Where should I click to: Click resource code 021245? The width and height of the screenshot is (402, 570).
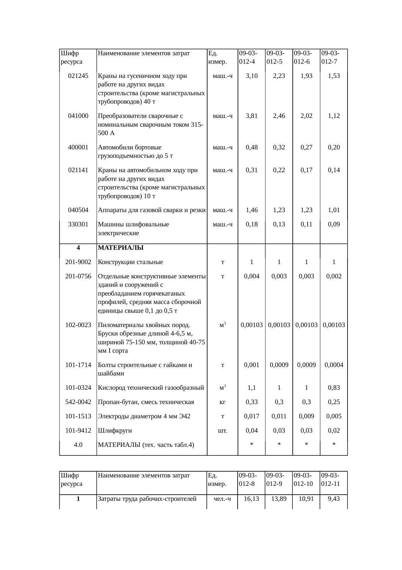78,76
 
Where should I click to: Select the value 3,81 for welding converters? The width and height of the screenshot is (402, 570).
252,116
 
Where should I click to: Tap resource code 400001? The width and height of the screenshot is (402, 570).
78,147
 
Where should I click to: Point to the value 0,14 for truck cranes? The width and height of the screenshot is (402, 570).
334,170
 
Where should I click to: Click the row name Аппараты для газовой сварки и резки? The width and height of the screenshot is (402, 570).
152,210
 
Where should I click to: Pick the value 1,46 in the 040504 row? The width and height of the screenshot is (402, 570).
252,210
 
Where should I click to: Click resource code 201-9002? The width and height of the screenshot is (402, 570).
78,262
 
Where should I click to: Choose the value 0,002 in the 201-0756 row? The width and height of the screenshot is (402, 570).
334,276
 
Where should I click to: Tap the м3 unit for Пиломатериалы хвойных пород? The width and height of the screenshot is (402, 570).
222,325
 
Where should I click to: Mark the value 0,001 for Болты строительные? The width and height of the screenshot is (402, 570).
252,365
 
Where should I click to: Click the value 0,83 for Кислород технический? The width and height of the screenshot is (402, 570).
334,388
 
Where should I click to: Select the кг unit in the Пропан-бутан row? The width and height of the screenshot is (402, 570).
222,402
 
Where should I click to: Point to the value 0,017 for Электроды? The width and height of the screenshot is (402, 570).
252,416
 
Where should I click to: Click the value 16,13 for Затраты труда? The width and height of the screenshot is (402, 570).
252,499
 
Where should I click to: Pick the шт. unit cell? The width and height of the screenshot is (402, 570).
222,431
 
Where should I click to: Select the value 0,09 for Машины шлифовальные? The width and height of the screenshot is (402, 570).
334,224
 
